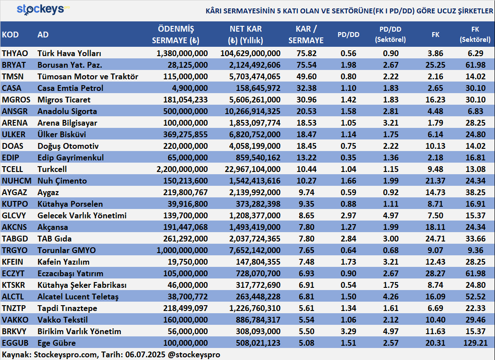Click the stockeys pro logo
pyautogui.click(x=43, y=9)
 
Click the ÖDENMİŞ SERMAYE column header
pyautogui.click(x=176, y=35)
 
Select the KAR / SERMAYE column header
pyautogui.click(x=306, y=35)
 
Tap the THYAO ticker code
pyautogui.click(x=15, y=53)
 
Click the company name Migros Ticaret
pyautogui.click(x=64, y=100)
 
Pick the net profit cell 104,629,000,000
pyautogui.click(x=250, y=53)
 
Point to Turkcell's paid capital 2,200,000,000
pyautogui.click(x=182, y=169)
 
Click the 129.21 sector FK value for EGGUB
pyautogui.click(x=475, y=343)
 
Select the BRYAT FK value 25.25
pyautogui.click(x=435, y=65)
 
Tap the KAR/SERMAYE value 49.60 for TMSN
pyautogui.click(x=306, y=77)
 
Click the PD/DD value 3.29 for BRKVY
pyautogui.click(x=349, y=331)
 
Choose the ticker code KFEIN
pyautogui.click(x=12, y=262)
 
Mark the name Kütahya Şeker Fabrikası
pyautogui.click(x=82, y=285)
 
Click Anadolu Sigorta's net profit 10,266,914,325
pyautogui.click(x=252, y=111)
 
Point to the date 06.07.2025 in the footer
pyautogui.click(x=145, y=355)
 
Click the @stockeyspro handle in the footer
pyautogui.click(x=194, y=355)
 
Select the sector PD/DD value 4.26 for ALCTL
pyautogui.click(x=391, y=297)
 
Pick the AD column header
pyautogui.click(x=43, y=35)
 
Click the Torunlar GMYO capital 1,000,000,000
pyautogui.click(x=182, y=250)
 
